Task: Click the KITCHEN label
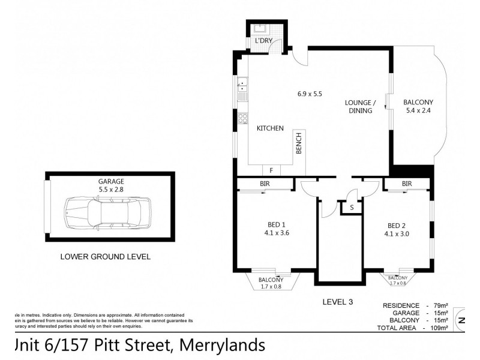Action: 270,128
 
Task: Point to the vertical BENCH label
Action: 298,143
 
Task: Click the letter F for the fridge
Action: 271,170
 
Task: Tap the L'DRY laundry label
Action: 264,41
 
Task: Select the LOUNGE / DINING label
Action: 360,106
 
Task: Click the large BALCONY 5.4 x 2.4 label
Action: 418,106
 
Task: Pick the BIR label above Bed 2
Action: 407,184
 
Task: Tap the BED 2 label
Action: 398,230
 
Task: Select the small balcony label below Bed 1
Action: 271,283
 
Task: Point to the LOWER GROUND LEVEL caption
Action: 105,256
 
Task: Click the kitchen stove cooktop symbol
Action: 242,118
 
